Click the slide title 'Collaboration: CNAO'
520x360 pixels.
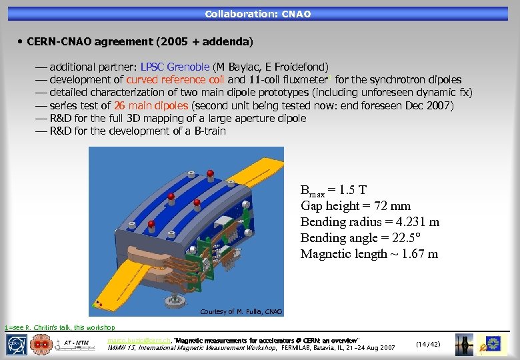coord(257,13)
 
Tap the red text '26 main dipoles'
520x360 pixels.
coord(151,105)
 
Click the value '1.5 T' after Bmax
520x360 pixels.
coord(347,190)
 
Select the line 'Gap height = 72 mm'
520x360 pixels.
coord(355,206)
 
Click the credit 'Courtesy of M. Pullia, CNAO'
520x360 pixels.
coord(241,312)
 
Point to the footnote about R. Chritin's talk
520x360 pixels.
coord(59,327)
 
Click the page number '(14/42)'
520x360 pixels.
coord(428,344)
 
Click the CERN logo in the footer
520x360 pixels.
coord(17,344)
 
